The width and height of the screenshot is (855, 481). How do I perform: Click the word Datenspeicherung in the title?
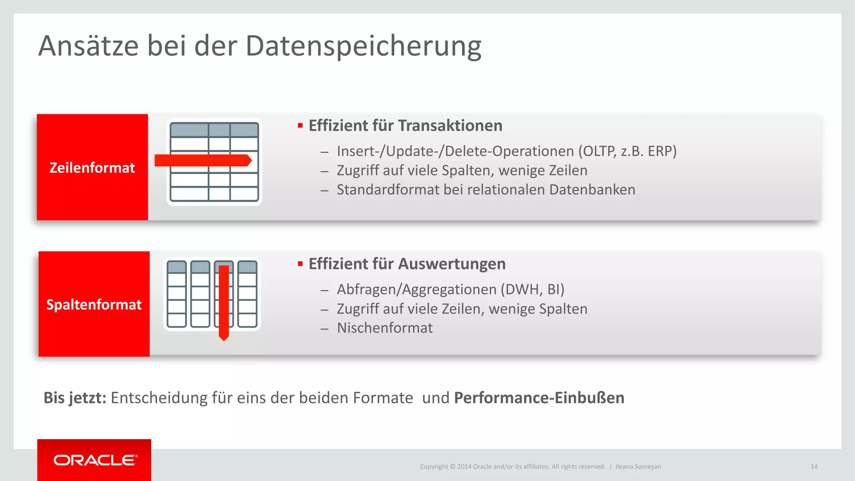click(x=363, y=46)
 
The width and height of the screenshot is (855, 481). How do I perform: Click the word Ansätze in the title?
click(x=89, y=46)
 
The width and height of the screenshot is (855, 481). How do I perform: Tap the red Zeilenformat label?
click(x=92, y=167)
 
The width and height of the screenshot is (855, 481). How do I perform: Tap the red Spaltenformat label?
click(x=94, y=304)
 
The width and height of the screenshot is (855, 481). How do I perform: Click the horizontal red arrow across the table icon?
click(x=203, y=160)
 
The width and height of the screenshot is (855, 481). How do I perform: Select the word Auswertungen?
click(x=452, y=264)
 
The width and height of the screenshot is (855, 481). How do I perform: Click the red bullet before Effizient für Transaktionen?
click(x=300, y=126)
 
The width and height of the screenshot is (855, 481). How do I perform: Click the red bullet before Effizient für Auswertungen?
click(x=300, y=264)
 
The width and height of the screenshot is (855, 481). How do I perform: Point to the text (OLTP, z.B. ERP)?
click(x=627, y=151)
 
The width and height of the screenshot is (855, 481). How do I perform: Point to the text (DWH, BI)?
click(x=533, y=289)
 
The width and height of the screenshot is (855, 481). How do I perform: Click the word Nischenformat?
click(x=384, y=328)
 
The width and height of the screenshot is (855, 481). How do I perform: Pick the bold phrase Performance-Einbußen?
click(x=539, y=398)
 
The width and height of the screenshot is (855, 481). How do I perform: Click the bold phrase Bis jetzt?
click(x=75, y=398)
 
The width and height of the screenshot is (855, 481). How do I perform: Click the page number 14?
click(x=814, y=467)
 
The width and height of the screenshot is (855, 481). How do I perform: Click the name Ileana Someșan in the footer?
click(x=638, y=467)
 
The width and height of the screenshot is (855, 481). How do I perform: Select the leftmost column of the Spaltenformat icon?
click(x=177, y=294)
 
